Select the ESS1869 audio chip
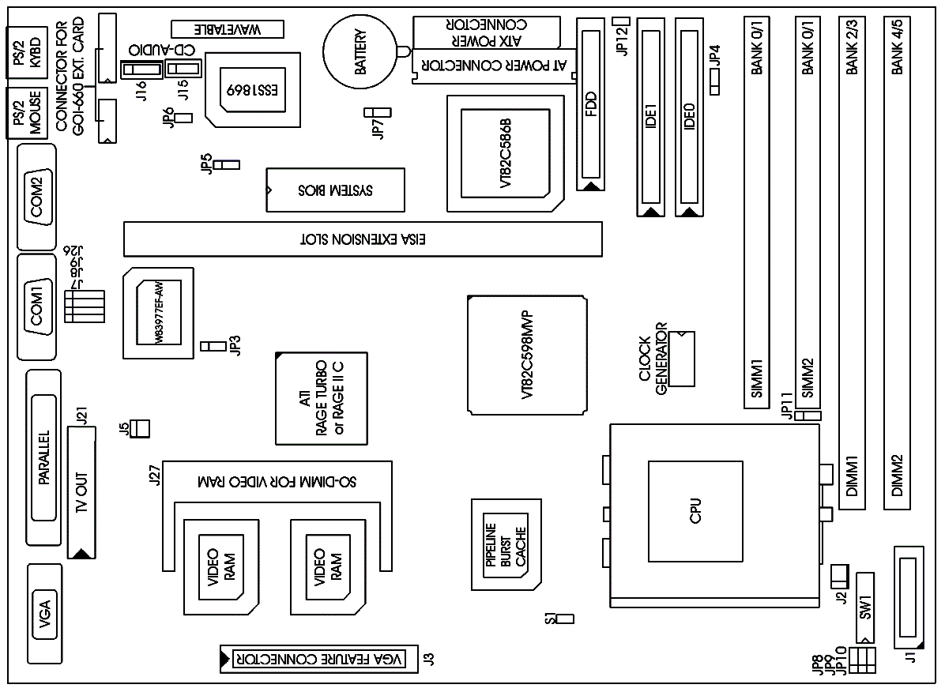(253, 89)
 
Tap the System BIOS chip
(335, 190)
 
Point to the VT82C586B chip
(506, 153)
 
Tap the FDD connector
(591, 103)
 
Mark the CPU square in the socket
(696, 510)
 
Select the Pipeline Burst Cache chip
(506, 544)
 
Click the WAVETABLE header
(227, 30)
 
